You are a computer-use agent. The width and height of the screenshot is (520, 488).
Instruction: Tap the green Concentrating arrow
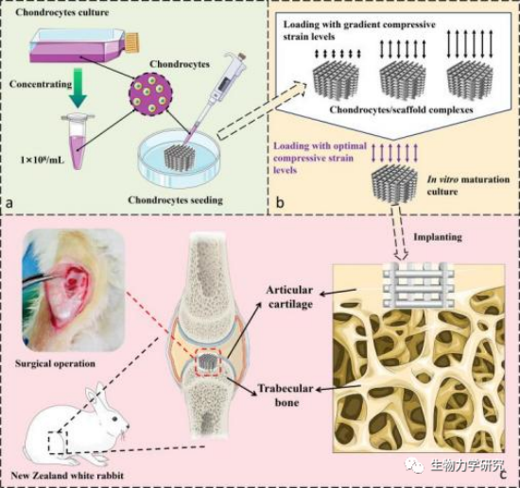[x=78, y=88]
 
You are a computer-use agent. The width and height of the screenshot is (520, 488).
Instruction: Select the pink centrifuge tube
[x=78, y=141]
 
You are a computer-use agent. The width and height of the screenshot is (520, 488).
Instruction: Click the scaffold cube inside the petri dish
[x=180, y=158]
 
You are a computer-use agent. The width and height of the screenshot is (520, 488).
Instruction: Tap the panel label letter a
[x=9, y=203]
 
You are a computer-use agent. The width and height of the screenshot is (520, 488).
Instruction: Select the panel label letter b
[x=280, y=202]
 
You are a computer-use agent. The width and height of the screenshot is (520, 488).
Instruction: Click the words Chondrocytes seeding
[x=176, y=200]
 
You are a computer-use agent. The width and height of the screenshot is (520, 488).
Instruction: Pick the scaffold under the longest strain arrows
[x=471, y=80]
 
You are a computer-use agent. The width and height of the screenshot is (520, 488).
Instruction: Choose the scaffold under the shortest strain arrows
[x=337, y=79]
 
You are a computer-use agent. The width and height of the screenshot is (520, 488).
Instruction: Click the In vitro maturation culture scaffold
[x=395, y=183]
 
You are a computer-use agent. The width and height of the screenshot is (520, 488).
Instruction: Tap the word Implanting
[x=438, y=237]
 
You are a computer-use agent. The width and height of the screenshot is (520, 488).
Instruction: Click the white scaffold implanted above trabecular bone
[x=418, y=285]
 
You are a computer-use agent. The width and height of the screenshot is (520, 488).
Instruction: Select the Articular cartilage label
[x=289, y=297]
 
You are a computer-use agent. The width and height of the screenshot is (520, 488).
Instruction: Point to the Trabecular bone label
[x=286, y=395]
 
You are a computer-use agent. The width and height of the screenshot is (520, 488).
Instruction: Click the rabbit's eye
[x=114, y=419]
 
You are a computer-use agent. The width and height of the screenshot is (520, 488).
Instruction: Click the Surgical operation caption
[x=55, y=363]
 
